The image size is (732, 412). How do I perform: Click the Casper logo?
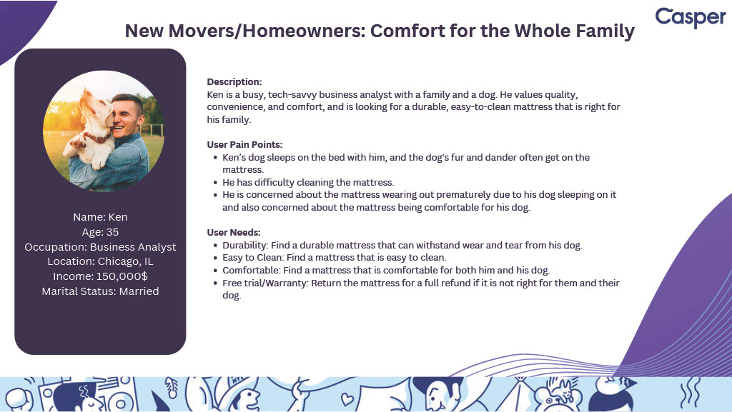691,17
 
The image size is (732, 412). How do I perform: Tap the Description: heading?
234,81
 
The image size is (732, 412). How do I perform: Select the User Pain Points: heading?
244,144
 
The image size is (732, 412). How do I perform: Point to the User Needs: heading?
234,232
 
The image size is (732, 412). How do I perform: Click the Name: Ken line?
100,217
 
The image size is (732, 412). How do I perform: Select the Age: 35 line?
100,231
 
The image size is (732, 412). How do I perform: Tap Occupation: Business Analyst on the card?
100,246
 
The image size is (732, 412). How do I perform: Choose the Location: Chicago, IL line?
100,261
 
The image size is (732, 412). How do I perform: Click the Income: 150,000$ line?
100,276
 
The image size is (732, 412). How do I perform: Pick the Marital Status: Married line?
100,291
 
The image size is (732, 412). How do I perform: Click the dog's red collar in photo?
96,137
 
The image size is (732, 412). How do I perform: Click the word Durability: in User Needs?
245,245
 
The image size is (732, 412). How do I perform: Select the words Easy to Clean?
253,257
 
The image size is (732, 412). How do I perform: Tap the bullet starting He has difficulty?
308,182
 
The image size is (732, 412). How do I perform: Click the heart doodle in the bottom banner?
347,398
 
